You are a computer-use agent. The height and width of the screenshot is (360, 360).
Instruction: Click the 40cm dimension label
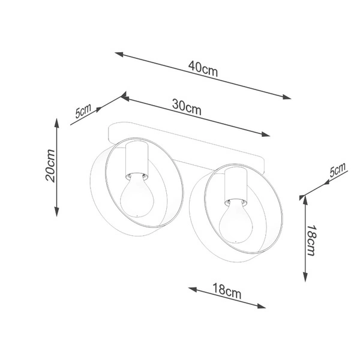point(203,68)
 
